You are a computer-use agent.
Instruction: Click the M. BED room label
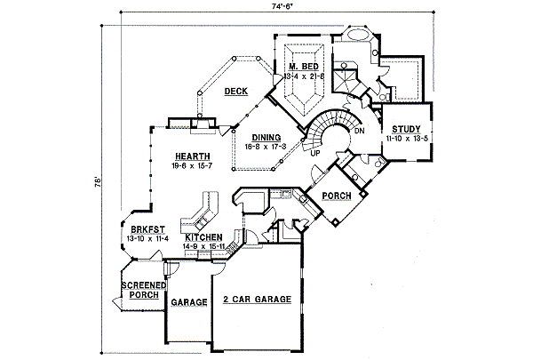[302, 68]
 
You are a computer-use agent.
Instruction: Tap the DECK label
[235, 92]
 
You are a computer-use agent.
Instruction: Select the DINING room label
[266, 137]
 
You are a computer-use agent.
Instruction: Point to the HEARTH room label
[179, 156]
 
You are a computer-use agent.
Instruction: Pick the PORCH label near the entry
[337, 196]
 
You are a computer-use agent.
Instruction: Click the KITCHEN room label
[203, 237]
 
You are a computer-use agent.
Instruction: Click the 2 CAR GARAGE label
[257, 300]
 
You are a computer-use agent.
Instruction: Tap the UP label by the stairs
[314, 153]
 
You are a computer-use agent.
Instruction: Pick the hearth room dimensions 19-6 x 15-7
[179, 165]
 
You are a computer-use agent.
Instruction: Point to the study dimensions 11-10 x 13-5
[407, 139]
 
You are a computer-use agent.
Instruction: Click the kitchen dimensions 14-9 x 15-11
[203, 246]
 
